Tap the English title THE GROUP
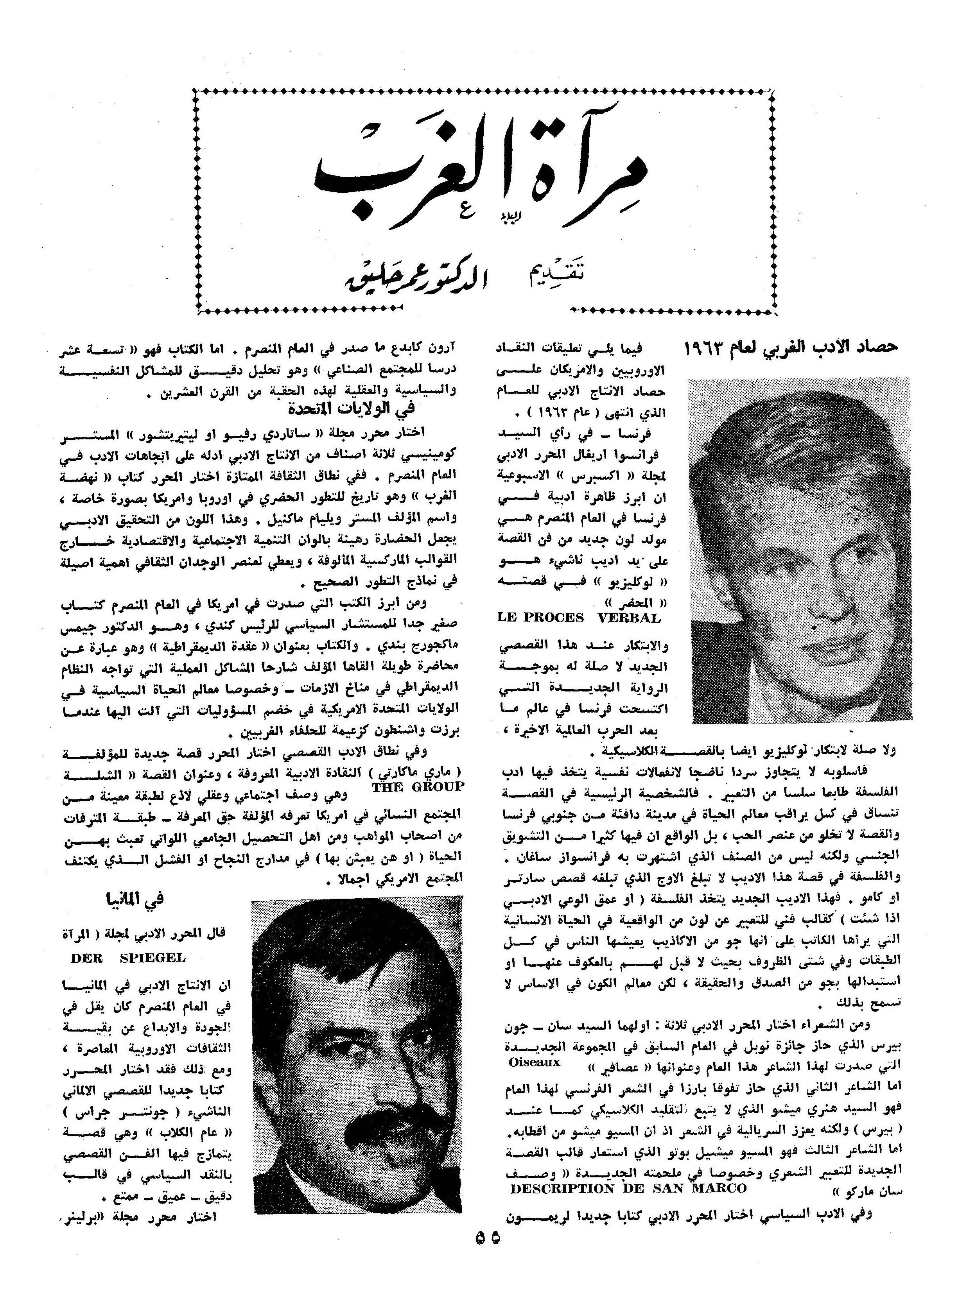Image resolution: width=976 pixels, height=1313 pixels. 418,787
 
